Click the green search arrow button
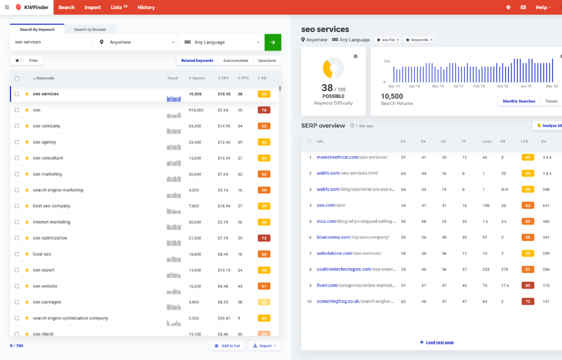point(273,42)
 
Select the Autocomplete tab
point(235,60)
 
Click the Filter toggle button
point(26,60)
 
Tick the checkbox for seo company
point(17,126)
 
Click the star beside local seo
point(27,254)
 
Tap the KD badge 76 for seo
point(264,110)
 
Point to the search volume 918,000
point(196,110)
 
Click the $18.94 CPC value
point(224,206)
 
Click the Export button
point(265,345)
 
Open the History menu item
point(146,7)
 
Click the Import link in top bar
point(93,7)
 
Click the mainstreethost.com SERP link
point(352,157)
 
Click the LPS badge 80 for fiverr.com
point(527,285)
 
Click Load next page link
point(437,342)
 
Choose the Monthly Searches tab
point(518,101)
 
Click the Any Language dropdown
point(222,42)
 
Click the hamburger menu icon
point(7,7)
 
